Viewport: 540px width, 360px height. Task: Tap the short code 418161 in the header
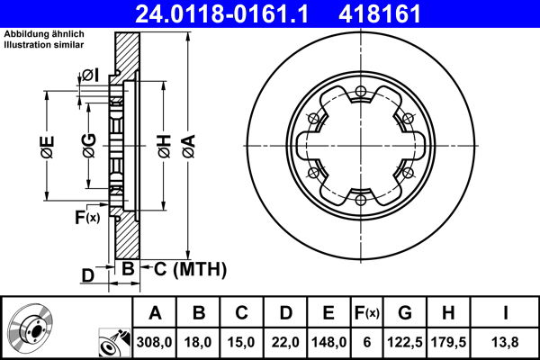pyautogui.click(x=408, y=14)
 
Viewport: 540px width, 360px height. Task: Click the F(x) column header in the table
pyautogui.click(x=367, y=312)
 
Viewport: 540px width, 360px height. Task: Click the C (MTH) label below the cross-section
pyautogui.click(x=184, y=270)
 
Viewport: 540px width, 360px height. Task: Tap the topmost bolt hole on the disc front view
pyautogui.click(x=359, y=90)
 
